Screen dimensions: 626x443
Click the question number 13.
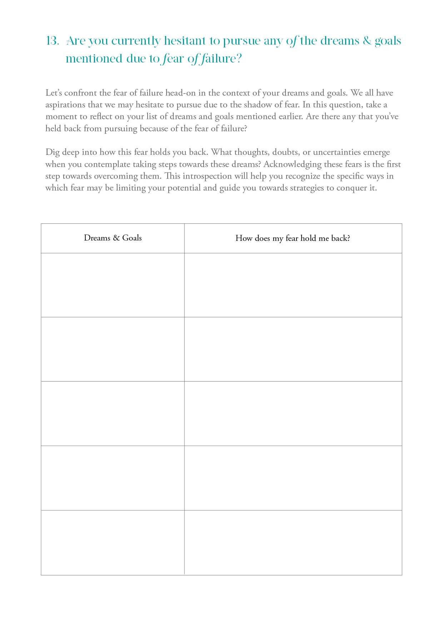pos(52,41)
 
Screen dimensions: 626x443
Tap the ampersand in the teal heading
pos(367,41)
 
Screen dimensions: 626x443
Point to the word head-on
pos(180,93)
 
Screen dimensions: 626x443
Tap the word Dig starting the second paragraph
pos(53,152)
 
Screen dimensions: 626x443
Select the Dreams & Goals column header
pos(113,238)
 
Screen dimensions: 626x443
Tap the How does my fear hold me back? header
pos(293,238)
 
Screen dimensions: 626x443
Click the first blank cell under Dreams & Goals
pos(113,285)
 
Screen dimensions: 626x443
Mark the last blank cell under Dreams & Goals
pos(113,542)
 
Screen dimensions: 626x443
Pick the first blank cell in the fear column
pos(293,285)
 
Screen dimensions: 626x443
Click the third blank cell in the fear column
pos(293,414)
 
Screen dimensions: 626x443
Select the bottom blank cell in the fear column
pos(293,542)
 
